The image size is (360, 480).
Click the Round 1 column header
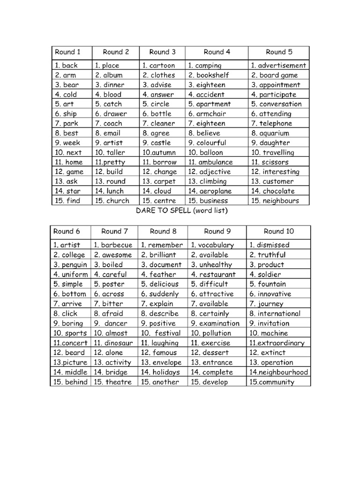[68, 52]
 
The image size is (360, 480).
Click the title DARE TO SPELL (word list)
[181, 211]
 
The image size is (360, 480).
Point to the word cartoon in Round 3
[163, 66]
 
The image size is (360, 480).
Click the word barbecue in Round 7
[117, 245]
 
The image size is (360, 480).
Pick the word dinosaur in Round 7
[119, 343]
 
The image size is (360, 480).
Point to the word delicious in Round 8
[164, 284]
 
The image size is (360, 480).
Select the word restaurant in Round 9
[217, 275]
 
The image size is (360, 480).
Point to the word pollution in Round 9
[217, 333]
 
